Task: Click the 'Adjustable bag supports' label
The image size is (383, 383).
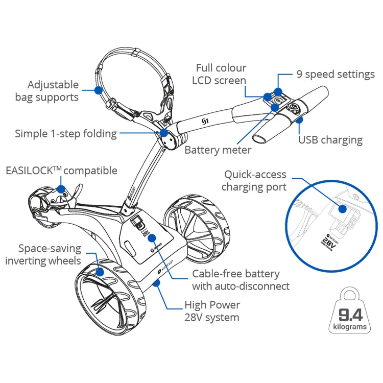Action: click(x=54, y=90)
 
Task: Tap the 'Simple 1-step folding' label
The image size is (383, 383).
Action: click(x=66, y=134)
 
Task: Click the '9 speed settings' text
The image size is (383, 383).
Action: click(x=336, y=75)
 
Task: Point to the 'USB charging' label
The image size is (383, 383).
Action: click(x=330, y=140)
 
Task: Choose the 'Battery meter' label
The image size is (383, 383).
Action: click(x=218, y=150)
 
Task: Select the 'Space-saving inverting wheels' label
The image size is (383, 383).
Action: click(x=43, y=254)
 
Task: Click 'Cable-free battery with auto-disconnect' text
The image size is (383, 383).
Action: click(x=241, y=280)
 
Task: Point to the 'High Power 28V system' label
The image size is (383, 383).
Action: click(x=211, y=311)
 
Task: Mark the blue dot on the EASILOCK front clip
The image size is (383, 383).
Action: click(x=61, y=188)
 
